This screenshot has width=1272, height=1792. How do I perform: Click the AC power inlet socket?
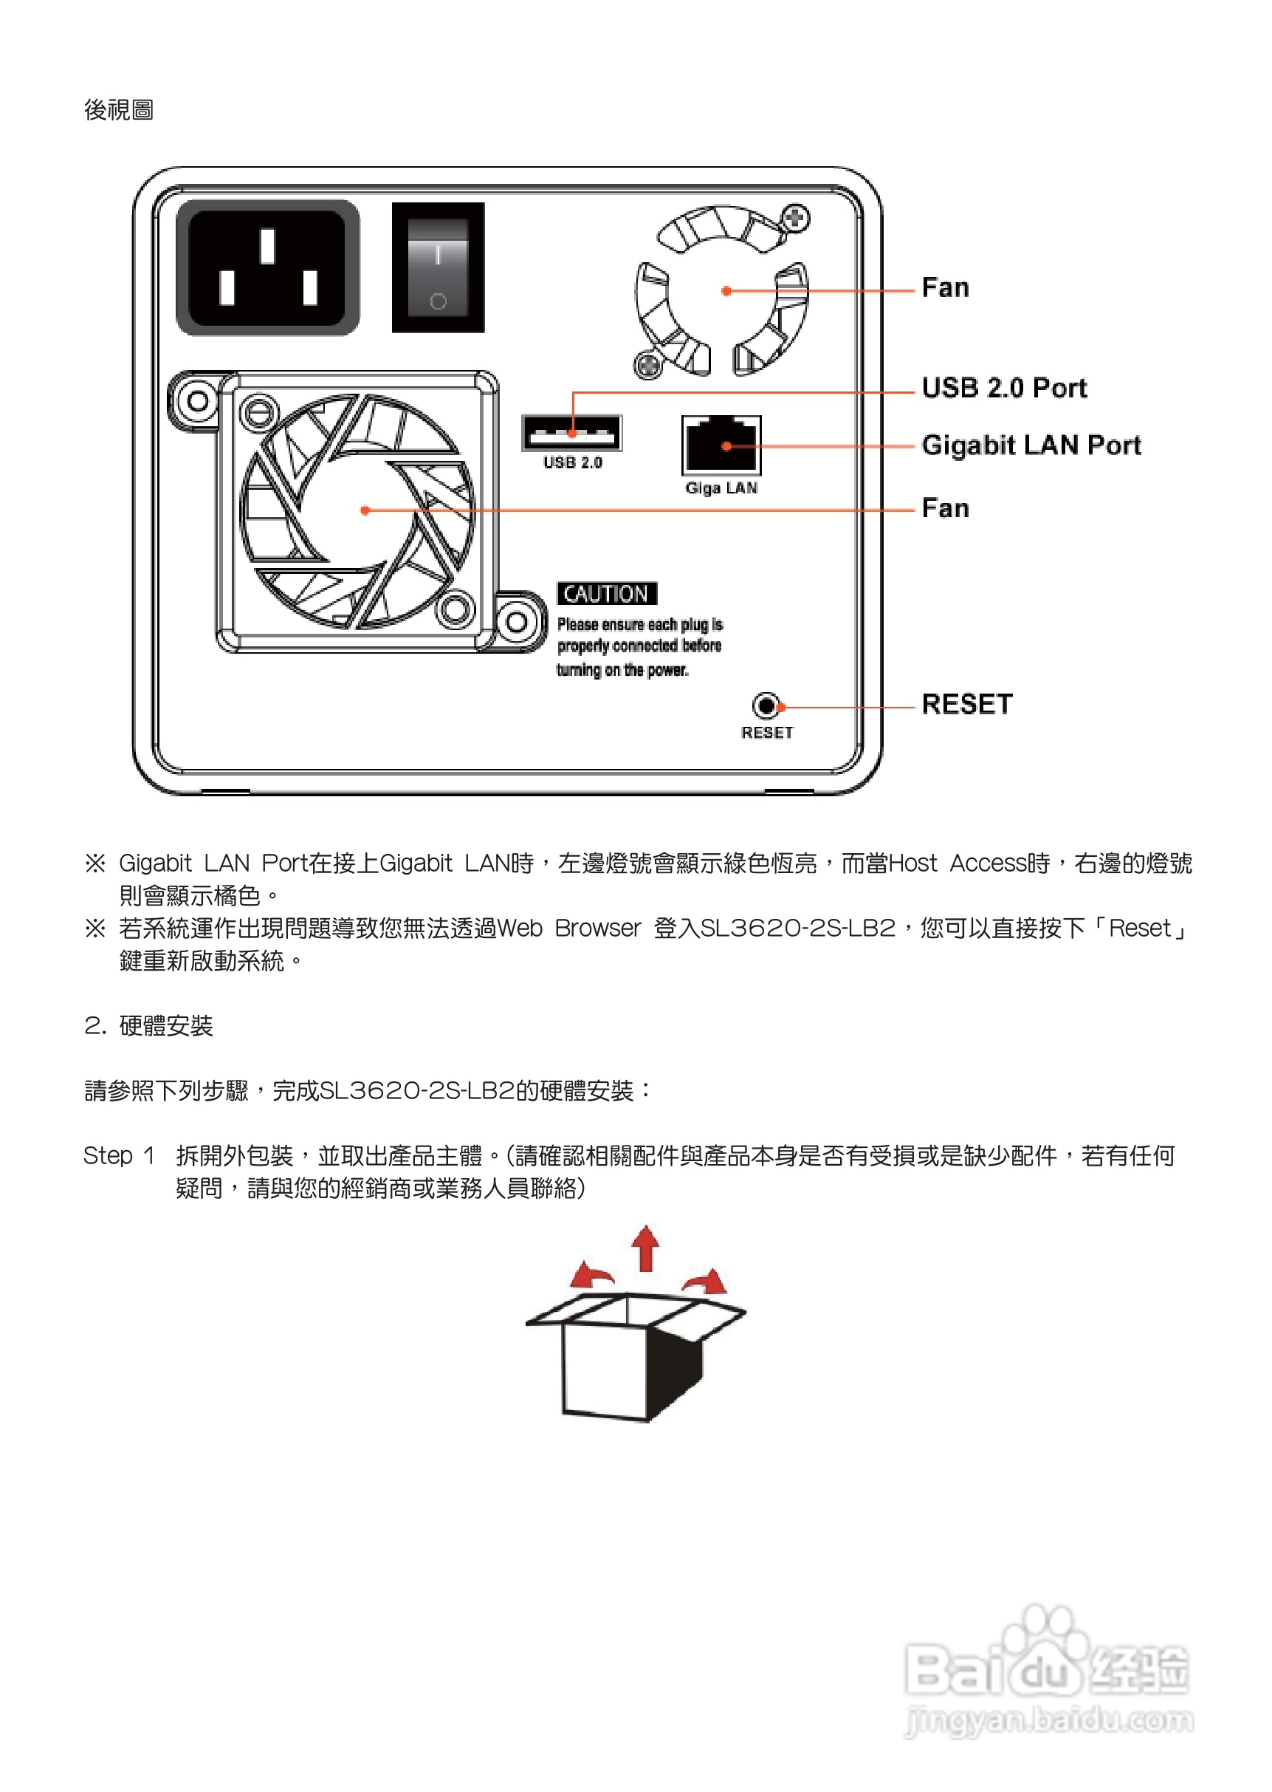(267, 267)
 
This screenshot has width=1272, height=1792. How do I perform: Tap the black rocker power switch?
(438, 267)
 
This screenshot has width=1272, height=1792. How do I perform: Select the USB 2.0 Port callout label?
(1004, 388)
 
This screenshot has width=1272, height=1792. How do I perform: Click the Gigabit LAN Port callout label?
(1031, 445)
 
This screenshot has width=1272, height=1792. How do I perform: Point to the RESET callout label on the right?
(966, 705)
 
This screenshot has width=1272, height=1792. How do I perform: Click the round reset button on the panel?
(766, 706)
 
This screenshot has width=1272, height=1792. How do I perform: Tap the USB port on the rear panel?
(572, 434)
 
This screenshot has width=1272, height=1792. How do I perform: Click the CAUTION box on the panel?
(607, 594)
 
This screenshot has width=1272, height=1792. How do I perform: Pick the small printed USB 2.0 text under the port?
(573, 463)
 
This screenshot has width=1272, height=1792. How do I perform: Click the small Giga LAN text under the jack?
(721, 488)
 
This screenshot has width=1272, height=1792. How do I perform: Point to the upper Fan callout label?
(946, 287)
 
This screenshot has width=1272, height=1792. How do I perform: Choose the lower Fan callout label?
(946, 508)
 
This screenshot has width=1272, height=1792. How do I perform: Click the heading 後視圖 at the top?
(119, 110)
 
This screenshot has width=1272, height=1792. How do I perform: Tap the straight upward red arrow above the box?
(645, 1248)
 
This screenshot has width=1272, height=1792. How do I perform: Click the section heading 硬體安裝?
(165, 1026)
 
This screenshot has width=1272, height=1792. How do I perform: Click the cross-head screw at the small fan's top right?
(796, 217)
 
